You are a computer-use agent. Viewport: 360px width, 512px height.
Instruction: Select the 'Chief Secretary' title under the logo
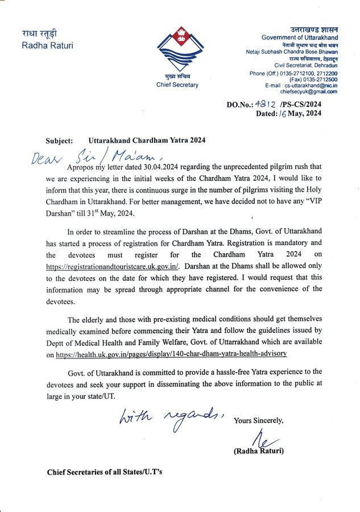pyautogui.click(x=177, y=85)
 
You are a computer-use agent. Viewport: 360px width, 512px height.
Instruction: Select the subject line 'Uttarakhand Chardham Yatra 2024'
pyautogui.click(x=147, y=140)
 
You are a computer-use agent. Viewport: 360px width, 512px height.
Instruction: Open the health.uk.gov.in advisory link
pyautogui.click(x=171, y=354)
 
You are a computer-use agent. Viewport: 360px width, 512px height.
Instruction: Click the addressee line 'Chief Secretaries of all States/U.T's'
pyautogui.click(x=105, y=473)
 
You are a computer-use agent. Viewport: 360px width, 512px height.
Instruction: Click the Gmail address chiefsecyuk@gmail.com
pyautogui.click(x=309, y=92)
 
